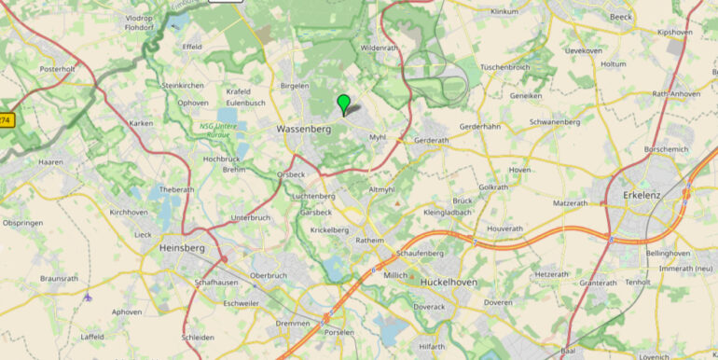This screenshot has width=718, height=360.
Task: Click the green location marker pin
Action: [344, 103]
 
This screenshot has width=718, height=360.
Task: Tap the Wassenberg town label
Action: [304, 131]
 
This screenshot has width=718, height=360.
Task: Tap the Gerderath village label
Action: [431, 141]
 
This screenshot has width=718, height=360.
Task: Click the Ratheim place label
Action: [371, 239]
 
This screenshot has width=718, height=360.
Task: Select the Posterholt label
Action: [57, 69]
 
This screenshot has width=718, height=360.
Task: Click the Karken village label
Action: [141, 124]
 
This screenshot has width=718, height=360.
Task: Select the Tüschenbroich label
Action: [504, 68]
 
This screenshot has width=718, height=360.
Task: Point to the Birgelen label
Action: [295, 85]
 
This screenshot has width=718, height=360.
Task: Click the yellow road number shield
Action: [7, 120]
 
